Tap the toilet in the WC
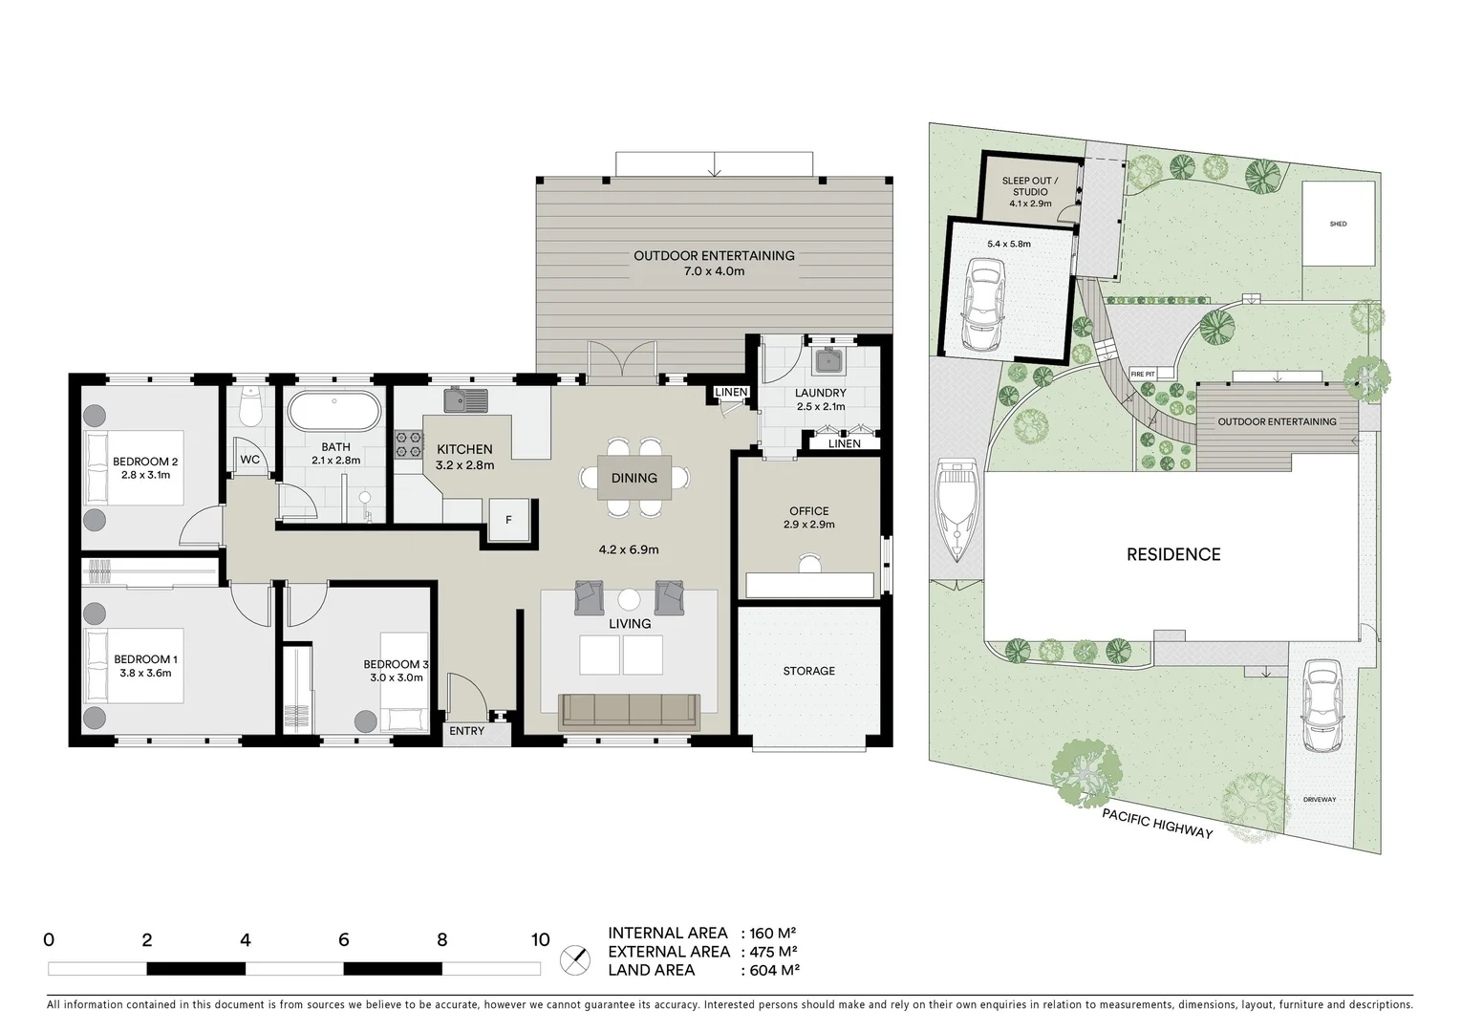pos(250,408)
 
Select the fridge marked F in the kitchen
pos(508,520)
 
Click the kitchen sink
pos(465,399)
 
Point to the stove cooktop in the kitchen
pos(409,445)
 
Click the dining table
pos(634,478)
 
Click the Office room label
pos(809,511)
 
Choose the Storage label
pos(809,671)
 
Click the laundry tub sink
pos(827,363)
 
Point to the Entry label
pos(466,731)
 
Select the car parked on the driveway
pos(1320,706)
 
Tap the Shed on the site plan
pos(1338,224)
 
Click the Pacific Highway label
pos(1156,823)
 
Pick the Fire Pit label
pos(1143,374)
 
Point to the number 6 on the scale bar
pos(344,940)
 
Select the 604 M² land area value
pos(770,970)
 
